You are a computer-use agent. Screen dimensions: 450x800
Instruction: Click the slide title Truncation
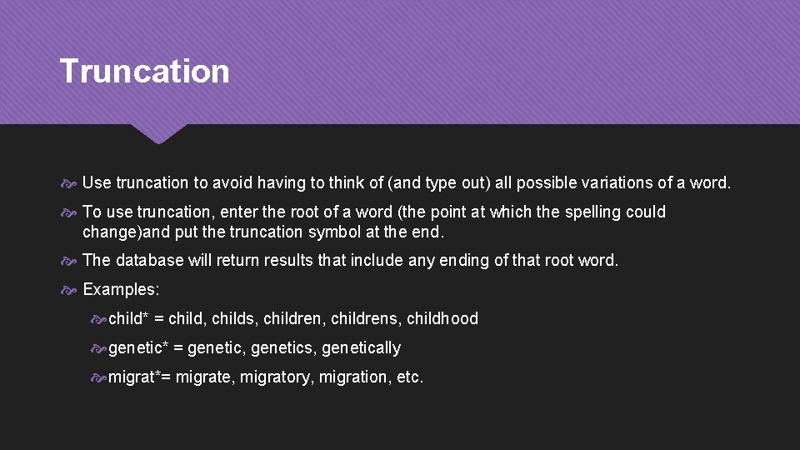pos(144,72)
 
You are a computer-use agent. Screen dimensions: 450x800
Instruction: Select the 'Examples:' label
pos(121,289)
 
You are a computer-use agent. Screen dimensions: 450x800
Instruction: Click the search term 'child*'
pos(128,318)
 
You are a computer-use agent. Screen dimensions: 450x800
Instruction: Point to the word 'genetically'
pos(361,347)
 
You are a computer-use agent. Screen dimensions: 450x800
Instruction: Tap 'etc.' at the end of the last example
pos(410,377)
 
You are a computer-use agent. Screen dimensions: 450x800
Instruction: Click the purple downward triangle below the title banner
pos(158,132)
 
